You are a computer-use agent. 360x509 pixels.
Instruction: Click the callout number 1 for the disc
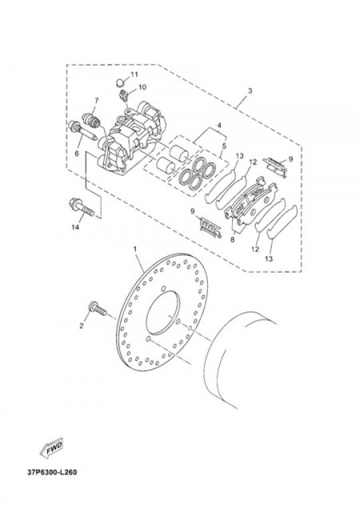(x=135, y=249)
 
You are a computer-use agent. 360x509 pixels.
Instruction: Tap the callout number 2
(x=81, y=325)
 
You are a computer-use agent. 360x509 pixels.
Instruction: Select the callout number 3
(x=249, y=91)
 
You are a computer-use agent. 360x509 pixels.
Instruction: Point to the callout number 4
(x=219, y=125)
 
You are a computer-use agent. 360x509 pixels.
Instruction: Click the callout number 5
(x=224, y=146)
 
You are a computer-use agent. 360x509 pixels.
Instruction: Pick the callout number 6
(x=77, y=153)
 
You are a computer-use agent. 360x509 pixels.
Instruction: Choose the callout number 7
(x=96, y=101)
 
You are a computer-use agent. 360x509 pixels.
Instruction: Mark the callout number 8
(x=232, y=240)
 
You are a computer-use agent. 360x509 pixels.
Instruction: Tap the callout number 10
(x=142, y=87)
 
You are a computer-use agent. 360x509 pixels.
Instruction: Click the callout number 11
(x=134, y=75)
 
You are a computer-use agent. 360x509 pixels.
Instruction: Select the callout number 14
(x=75, y=227)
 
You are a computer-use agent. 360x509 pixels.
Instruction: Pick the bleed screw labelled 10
(x=124, y=95)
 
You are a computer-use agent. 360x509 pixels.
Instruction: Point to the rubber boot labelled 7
(x=91, y=120)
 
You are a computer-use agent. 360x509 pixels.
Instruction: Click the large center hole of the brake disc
(x=163, y=313)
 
